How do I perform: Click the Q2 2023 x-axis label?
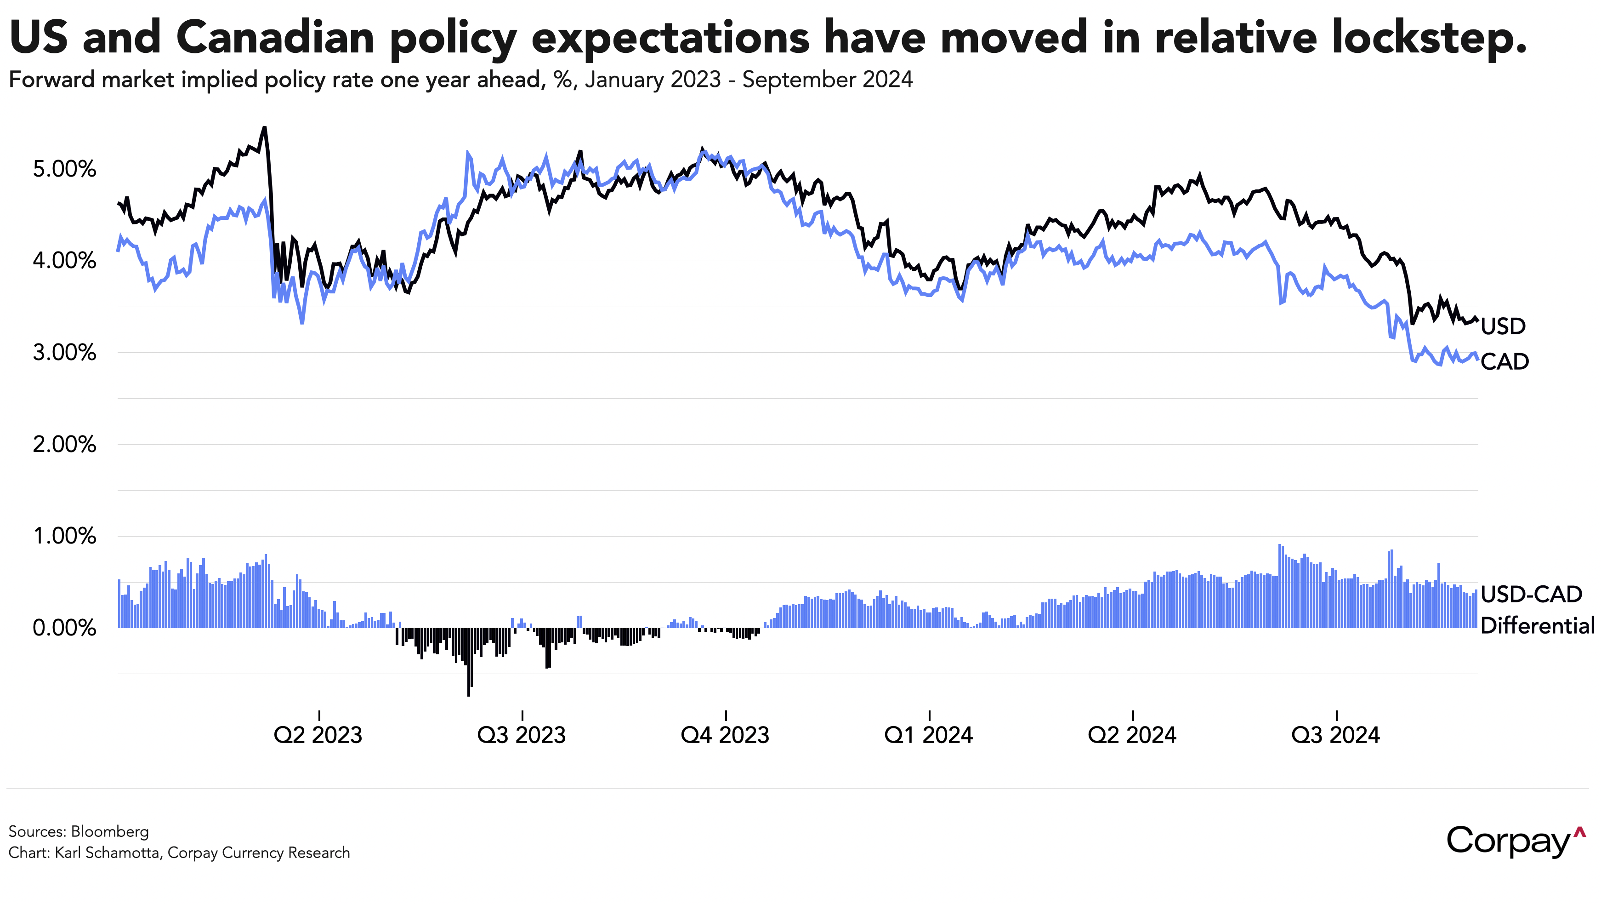tap(318, 735)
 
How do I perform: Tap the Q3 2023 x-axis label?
tap(522, 735)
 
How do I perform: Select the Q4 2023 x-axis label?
tap(725, 735)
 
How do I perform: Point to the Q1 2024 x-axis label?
tap(929, 735)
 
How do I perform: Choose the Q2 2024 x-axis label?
tap(1132, 735)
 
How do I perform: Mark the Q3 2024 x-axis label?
tap(1335, 735)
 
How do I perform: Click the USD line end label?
tap(1503, 326)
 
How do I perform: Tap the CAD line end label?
tap(1504, 362)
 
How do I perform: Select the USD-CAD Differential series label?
tap(1536, 610)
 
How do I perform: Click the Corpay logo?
tap(1515, 841)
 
